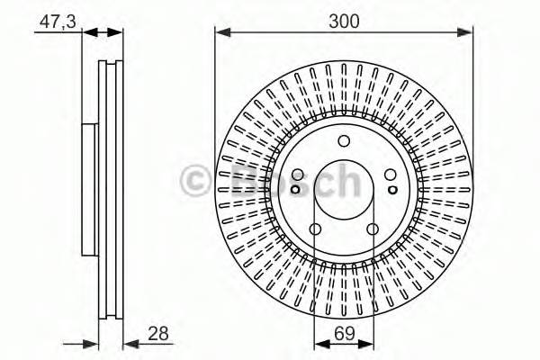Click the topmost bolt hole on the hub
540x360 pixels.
coord(343,140)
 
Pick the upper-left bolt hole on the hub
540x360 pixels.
coord(299,175)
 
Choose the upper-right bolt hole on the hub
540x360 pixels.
coord(389,175)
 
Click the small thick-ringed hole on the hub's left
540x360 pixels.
coord(295,189)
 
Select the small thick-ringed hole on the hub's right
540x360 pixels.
coord(392,189)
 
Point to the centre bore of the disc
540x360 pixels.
coord(343,190)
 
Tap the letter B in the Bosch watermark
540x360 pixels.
coord(239,179)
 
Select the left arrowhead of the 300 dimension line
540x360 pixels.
coord(220,32)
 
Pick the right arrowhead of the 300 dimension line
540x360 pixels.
coord(467,32)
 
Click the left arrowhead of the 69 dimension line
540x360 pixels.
coord(319,343)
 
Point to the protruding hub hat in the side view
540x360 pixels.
coord(89,189)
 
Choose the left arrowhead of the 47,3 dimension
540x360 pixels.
coord(88,32)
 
